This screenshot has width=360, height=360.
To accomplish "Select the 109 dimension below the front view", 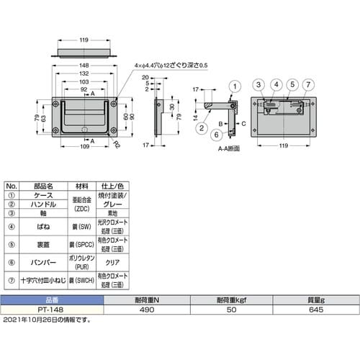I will pos(86,146).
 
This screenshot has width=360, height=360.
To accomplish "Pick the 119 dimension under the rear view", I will pos(284,145).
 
